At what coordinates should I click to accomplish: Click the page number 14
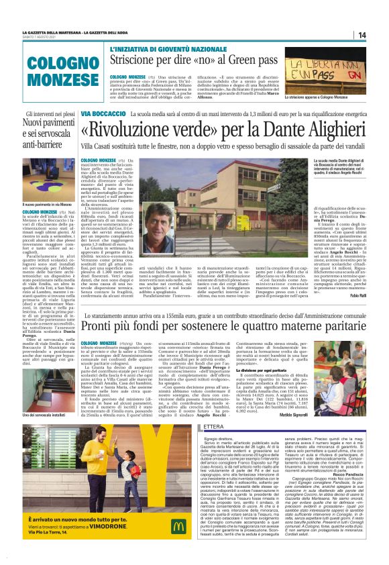point(362,35)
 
